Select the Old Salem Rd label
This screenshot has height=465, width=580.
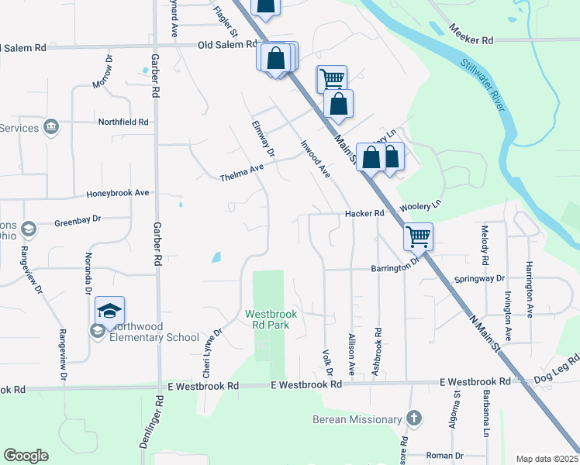[x=227, y=45]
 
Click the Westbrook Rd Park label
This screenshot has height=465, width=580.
[x=268, y=319]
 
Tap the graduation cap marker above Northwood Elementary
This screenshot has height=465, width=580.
[x=110, y=312]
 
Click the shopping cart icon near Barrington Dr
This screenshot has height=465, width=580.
[x=419, y=236]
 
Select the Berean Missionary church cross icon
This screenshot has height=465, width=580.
[x=414, y=418]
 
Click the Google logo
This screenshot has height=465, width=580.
[x=26, y=456]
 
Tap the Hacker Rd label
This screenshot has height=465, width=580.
[x=364, y=213]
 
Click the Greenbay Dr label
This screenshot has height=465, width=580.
[x=78, y=220]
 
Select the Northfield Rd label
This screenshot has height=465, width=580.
[x=123, y=122]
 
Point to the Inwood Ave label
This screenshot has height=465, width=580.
[x=316, y=157]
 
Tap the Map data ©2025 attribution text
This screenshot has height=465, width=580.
[x=547, y=459]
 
